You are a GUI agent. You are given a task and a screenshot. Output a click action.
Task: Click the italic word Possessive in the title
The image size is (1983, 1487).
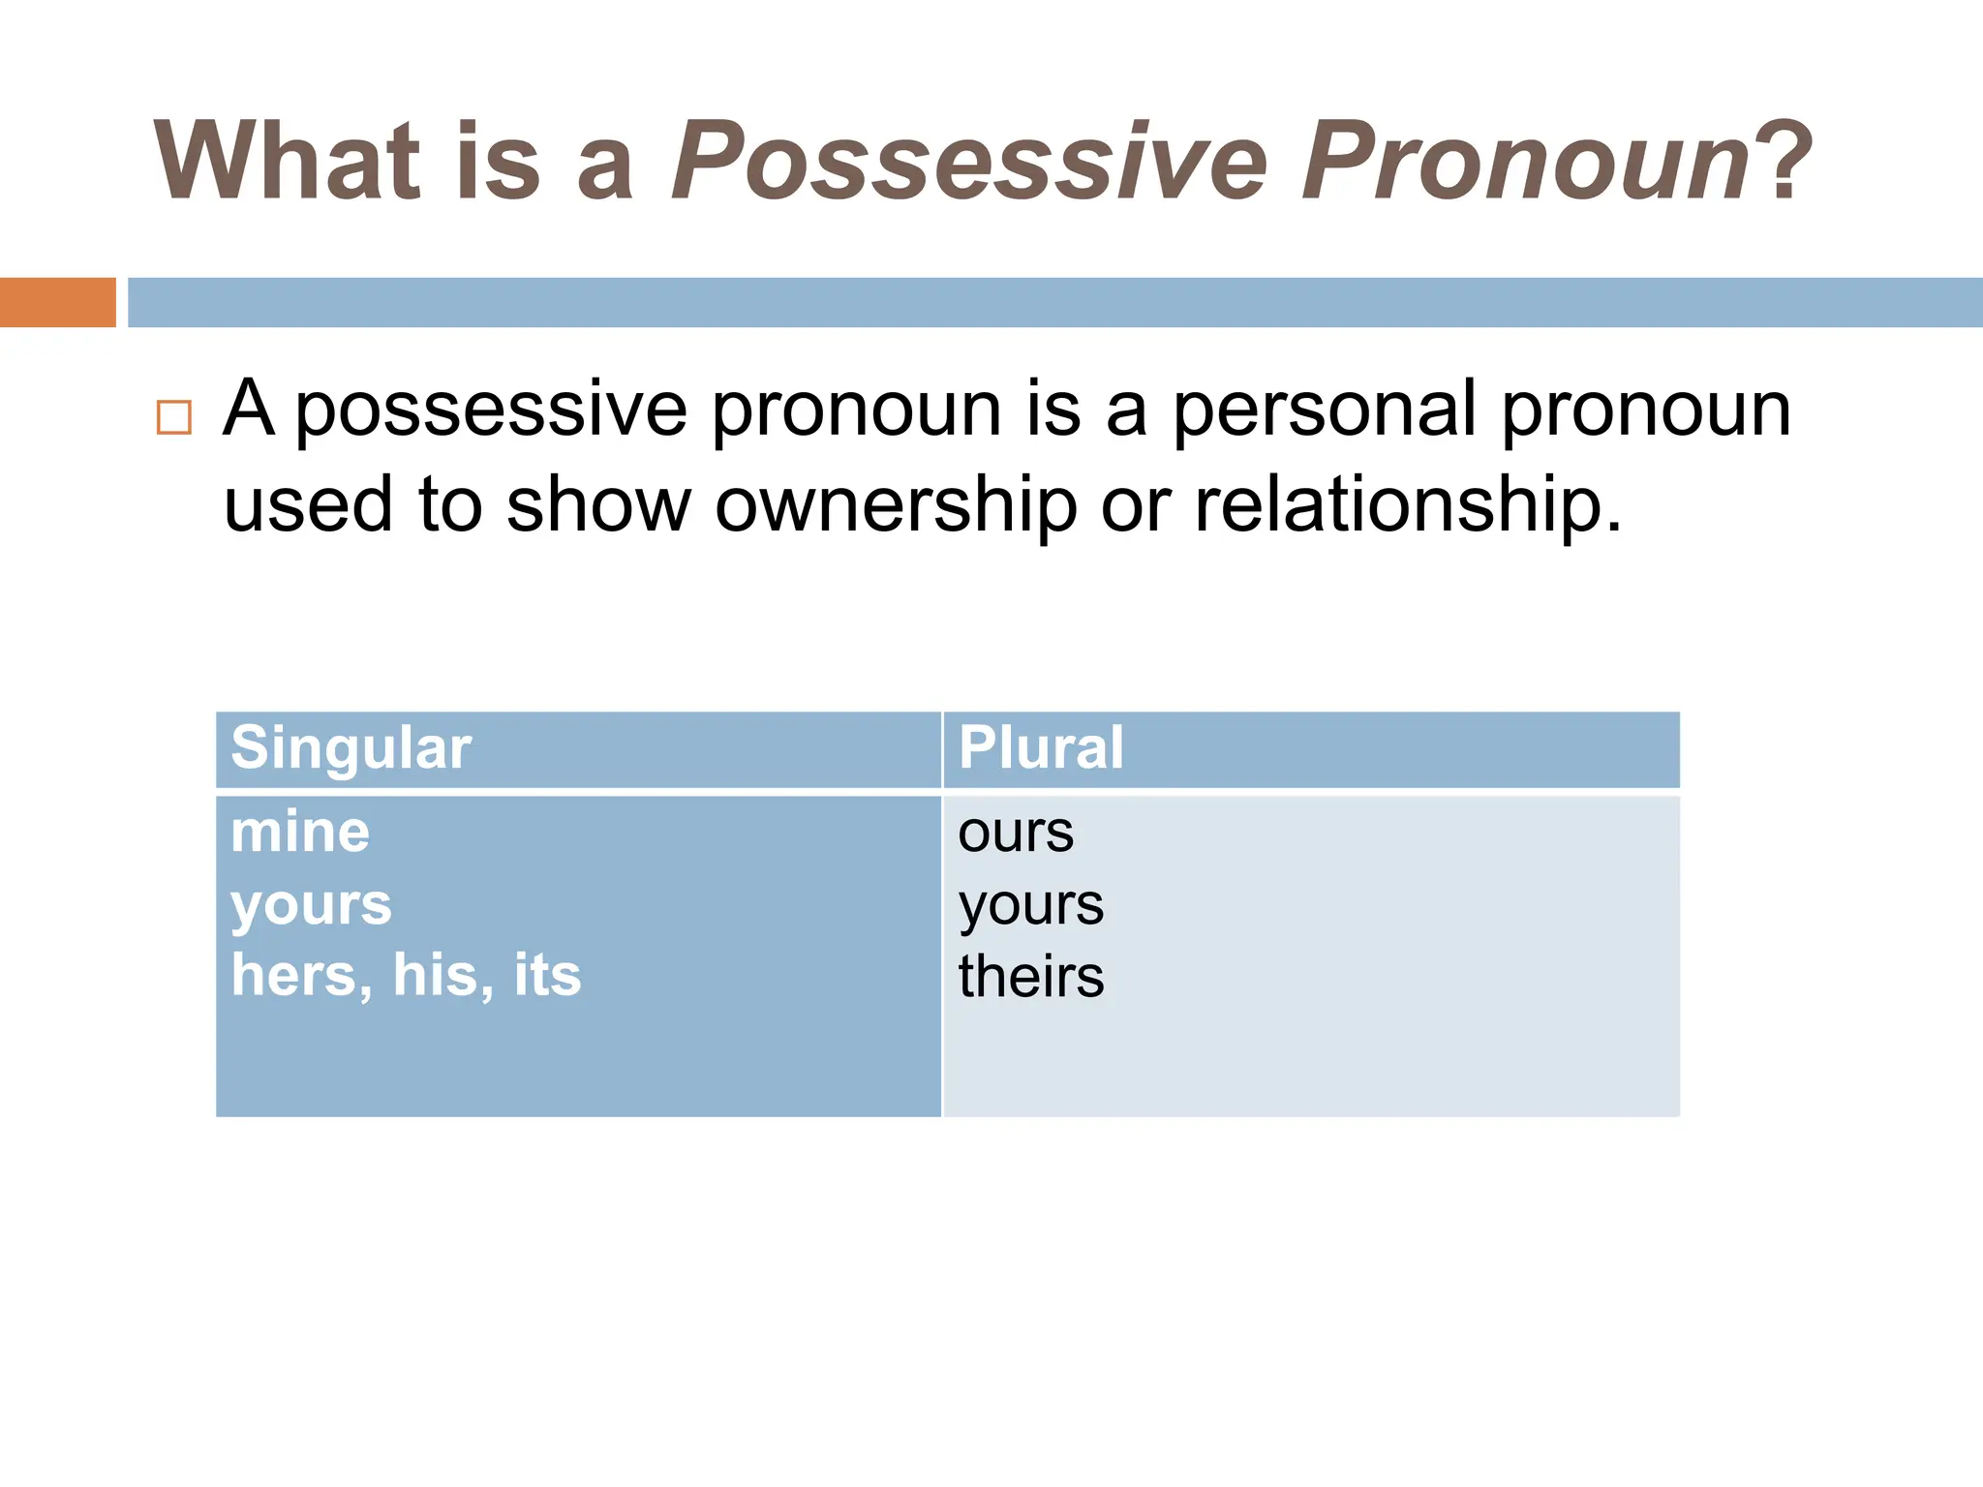point(968,161)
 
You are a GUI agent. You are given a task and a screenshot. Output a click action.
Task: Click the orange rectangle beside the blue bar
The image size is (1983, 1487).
point(57,302)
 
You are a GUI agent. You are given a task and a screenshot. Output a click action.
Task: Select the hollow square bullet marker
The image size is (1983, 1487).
point(174,417)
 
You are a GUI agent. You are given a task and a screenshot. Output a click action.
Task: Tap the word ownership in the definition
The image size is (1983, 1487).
point(896,505)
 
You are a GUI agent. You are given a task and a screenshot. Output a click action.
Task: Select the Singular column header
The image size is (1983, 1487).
point(351,748)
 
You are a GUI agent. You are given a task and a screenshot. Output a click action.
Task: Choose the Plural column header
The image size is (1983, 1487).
point(1041,748)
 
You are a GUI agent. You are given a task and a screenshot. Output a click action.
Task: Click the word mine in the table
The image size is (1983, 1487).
point(300,833)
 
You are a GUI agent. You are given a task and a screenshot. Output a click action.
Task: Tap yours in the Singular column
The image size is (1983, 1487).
point(311,906)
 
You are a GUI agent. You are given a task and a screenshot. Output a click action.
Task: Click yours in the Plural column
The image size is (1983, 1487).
point(1031,906)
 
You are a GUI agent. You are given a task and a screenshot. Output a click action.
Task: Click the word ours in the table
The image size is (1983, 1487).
point(1016,833)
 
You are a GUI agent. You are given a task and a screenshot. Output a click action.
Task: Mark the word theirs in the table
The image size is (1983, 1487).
point(1031,976)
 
